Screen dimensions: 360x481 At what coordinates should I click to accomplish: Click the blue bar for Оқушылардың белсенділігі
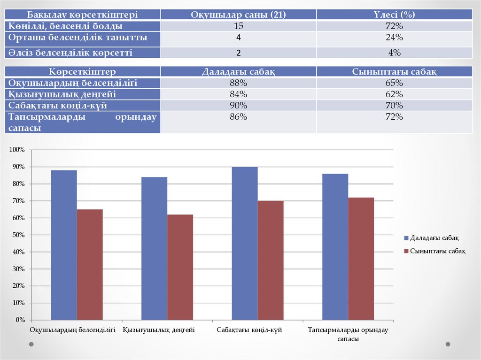64,245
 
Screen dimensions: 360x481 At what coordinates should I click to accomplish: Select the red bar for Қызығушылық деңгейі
180,267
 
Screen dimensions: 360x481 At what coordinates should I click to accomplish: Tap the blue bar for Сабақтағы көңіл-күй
245,243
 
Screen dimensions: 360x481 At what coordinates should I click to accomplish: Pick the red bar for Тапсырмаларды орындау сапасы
361,259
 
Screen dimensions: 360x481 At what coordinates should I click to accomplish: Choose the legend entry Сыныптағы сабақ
434,251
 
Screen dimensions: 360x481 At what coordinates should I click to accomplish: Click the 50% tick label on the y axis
18,235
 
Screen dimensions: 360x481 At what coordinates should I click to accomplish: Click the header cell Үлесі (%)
394,15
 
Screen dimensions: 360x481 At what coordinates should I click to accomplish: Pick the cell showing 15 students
239,26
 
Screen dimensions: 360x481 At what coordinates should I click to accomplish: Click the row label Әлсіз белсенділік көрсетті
70,53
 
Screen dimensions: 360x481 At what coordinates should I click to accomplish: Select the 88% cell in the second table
238,83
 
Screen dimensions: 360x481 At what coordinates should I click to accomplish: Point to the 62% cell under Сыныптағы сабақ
394,94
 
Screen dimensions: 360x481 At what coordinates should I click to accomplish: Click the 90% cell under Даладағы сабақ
238,105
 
